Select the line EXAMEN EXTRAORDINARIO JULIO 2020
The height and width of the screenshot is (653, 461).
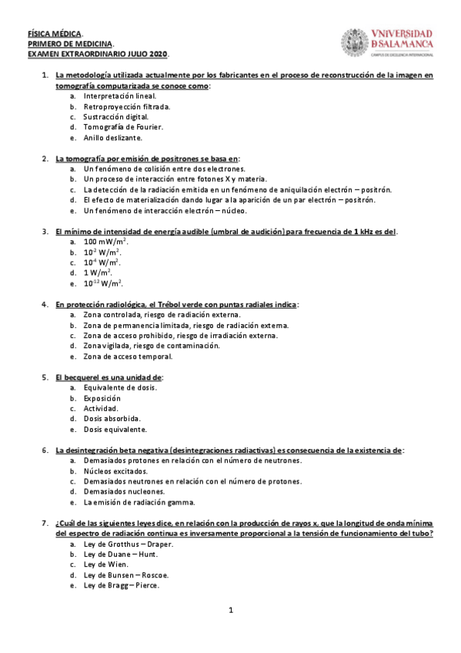98,55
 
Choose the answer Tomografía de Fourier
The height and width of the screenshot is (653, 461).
123,126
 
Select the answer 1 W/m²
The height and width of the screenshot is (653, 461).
98,273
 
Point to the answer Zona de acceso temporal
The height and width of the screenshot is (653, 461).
128,357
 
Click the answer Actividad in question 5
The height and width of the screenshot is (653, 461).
101,408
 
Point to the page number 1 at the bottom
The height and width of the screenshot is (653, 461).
230,611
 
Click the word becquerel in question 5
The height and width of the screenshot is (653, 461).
89,377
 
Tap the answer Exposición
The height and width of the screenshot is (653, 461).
102,398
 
